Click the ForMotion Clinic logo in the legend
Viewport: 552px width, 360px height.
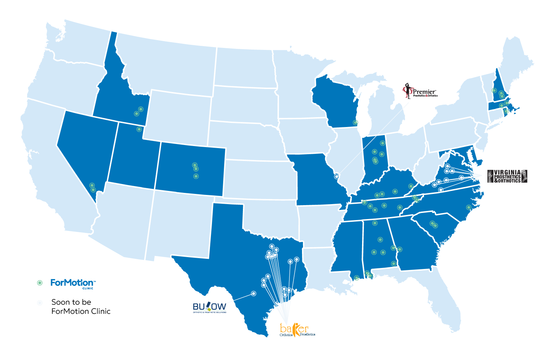tap(73, 283)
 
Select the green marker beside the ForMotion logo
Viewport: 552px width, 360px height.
tap(40, 283)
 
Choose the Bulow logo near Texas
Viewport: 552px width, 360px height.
tap(209, 307)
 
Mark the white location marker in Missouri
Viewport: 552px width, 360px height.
tap(337, 177)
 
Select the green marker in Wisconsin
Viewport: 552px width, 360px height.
tap(355, 123)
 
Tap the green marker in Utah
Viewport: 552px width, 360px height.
tap(139, 129)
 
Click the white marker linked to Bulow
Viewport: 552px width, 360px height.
tap(253, 293)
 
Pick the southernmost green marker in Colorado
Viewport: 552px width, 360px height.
tap(196, 176)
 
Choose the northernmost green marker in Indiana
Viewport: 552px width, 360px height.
tap(382, 143)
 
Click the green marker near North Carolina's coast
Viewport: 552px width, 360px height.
tap(469, 208)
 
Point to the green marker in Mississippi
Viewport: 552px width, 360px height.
tap(356, 278)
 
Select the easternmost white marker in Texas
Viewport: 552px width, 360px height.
tap(297, 259)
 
